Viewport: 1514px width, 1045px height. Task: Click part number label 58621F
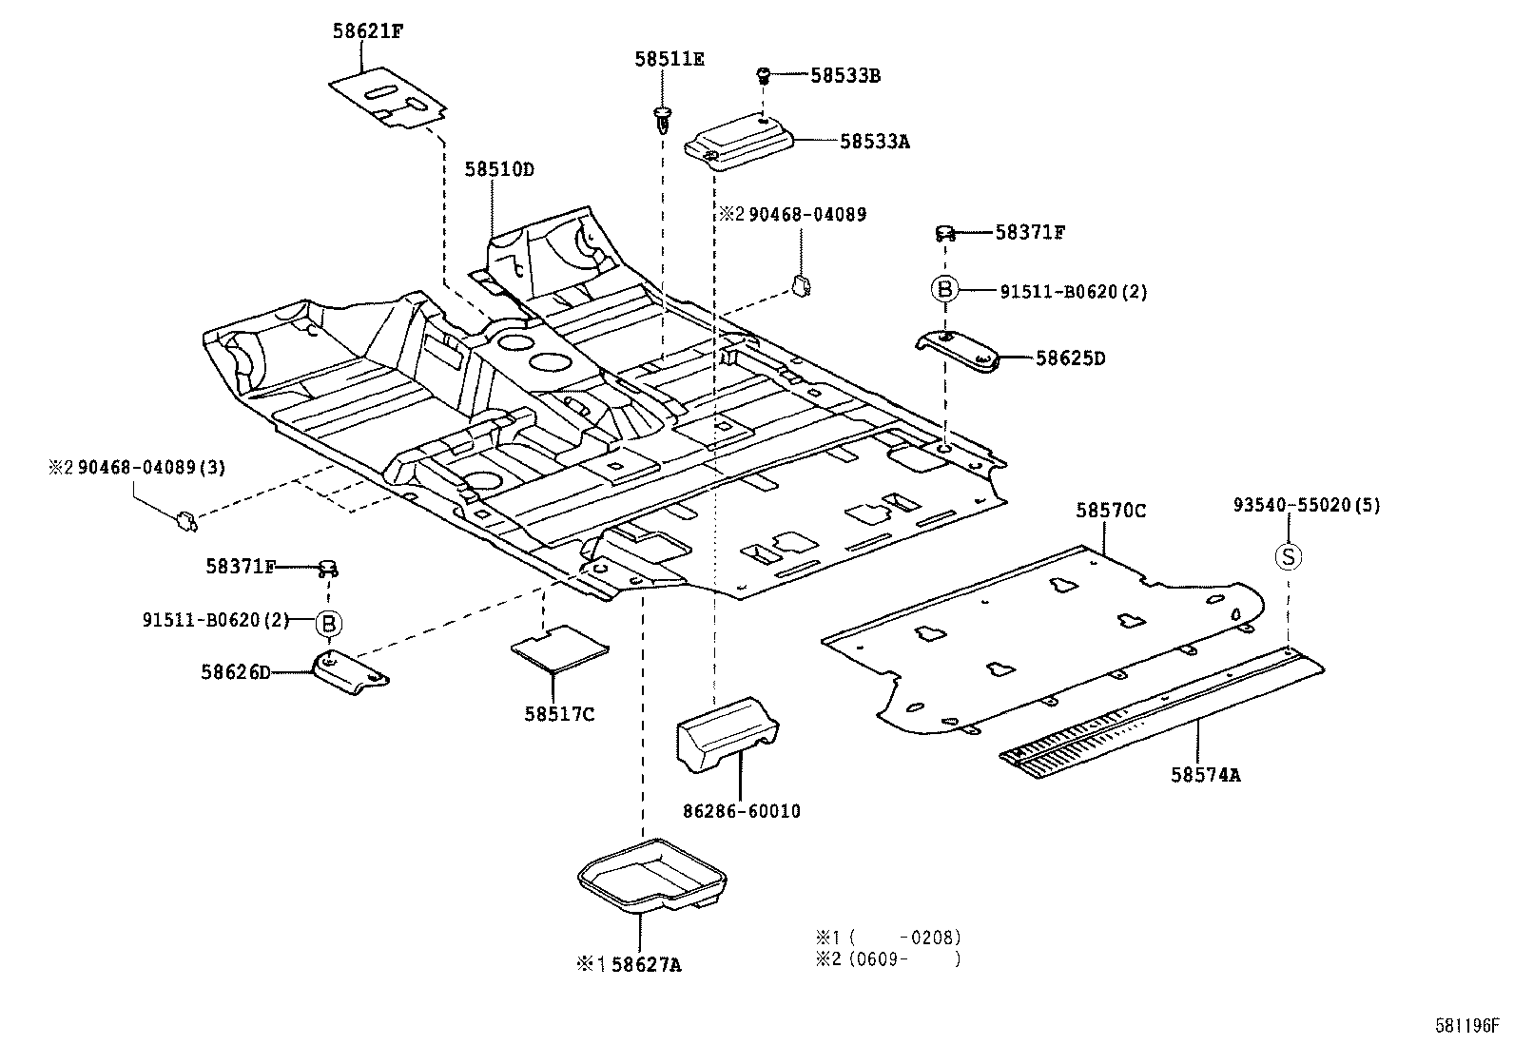[367, 29]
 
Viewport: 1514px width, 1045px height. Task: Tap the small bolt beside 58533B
[763, 74]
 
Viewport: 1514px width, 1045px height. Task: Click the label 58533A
[874, 142]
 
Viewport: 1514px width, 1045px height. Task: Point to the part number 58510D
[498, 170]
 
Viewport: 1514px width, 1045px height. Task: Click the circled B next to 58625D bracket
[943, 289]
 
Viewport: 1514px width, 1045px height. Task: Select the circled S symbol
[1288, 556]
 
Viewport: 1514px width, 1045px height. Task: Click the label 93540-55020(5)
[1306, 506]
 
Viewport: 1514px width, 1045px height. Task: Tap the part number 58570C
[1110, 511]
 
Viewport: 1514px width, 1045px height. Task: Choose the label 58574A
[1205, 774]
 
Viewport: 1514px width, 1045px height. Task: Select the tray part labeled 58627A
[653, 873]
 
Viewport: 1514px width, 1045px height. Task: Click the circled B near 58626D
[328, 624]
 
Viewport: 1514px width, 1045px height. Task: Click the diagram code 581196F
[1465, 1026]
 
